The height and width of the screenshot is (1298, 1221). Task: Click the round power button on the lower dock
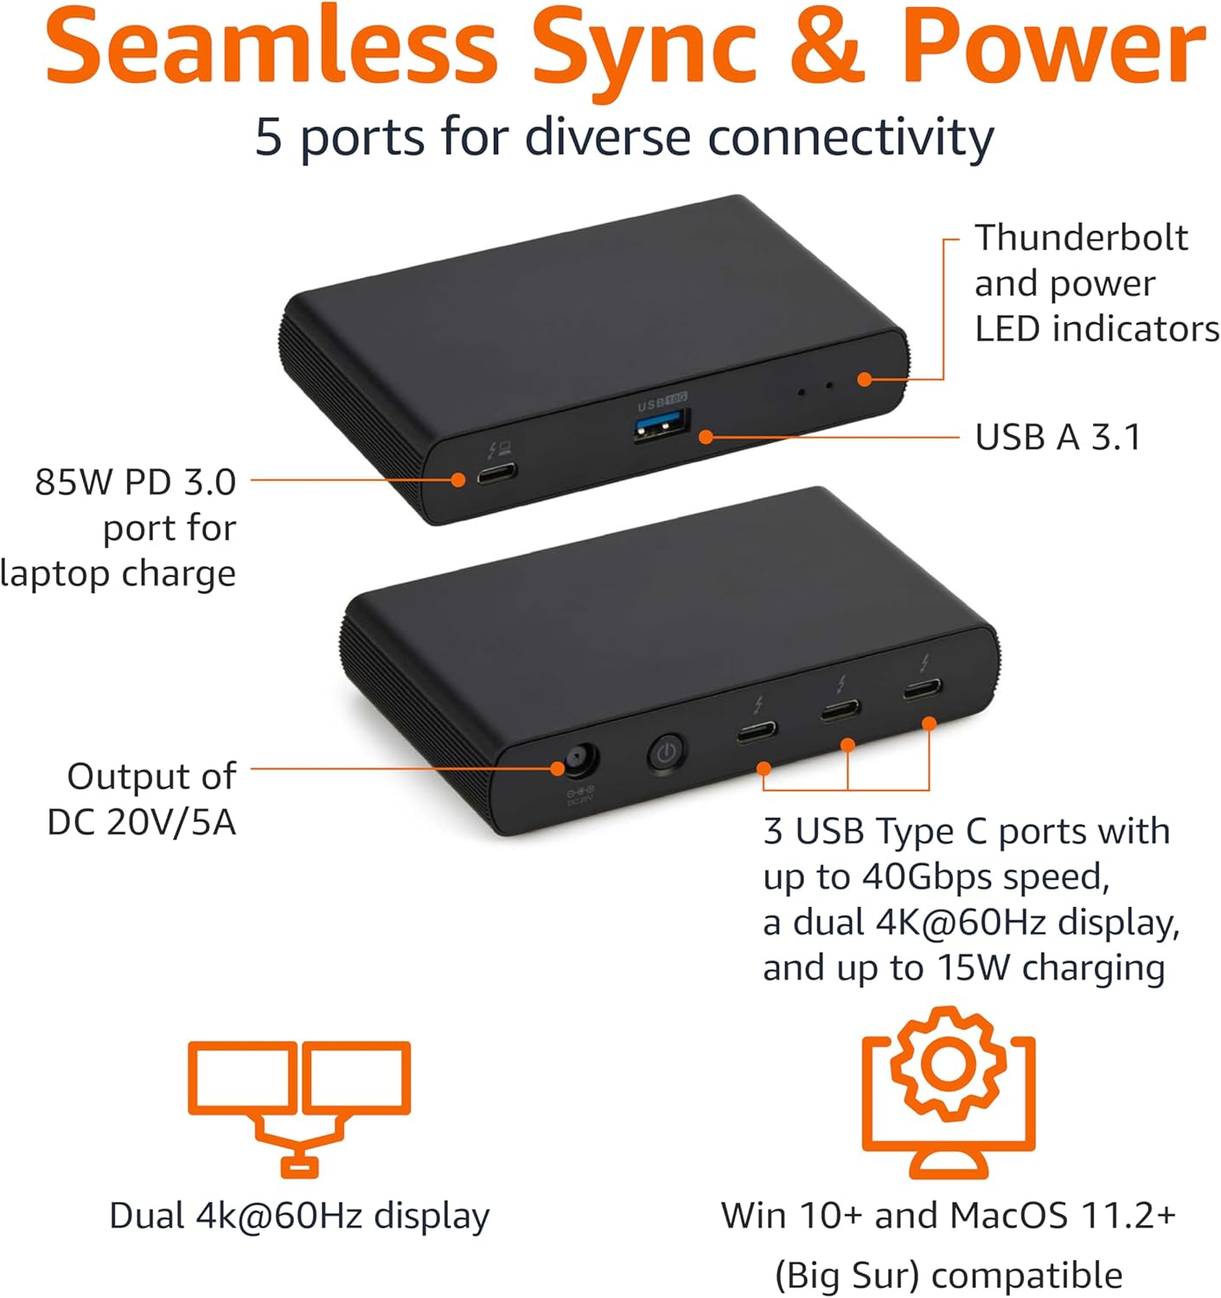[665, 752]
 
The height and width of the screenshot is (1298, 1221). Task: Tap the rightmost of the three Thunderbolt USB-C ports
[923, 690]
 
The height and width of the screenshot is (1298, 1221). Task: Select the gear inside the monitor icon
[949, 1063]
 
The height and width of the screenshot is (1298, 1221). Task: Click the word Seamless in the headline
[271, 48]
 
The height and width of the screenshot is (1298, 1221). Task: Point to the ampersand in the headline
[828, 48]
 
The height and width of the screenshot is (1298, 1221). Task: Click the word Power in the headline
[1052, 48]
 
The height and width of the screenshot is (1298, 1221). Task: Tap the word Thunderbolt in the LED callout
[1081, 238]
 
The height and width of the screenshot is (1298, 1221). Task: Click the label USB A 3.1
[1058, 437]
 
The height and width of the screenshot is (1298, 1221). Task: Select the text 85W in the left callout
[75, 482]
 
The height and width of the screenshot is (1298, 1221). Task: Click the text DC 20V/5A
[141, 822]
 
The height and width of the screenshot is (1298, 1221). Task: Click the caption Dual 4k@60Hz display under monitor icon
[299, 1216]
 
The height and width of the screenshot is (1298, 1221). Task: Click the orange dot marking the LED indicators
[864, 379]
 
